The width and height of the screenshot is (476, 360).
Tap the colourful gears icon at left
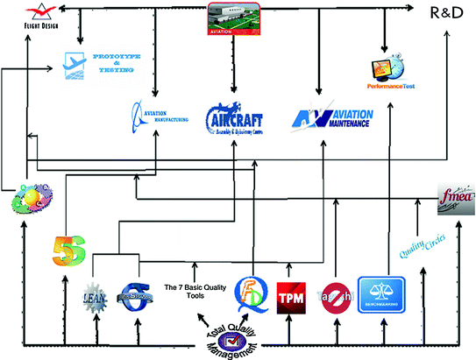[x=28, y=201]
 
